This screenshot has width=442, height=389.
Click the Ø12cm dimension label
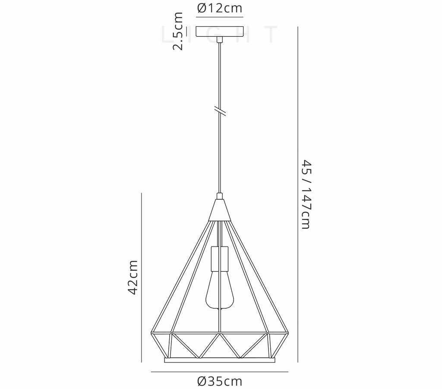tap(219, 8)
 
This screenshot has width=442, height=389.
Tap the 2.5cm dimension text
tap(177, 31)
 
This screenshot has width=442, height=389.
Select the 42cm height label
tap(133, 277)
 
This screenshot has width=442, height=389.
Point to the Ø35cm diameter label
tap(219, 381)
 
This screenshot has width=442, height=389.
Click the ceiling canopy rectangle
tap(220, 32)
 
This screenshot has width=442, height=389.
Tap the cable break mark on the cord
tap(220, 110)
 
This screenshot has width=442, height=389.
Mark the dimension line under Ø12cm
tap(220, 17)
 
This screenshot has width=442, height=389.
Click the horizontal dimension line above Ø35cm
tap(219, 371)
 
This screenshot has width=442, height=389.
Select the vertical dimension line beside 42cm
tap(142, 276)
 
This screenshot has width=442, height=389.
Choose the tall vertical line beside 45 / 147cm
tap(298, 194)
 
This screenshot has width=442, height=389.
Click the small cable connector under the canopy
tap(220, 40)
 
